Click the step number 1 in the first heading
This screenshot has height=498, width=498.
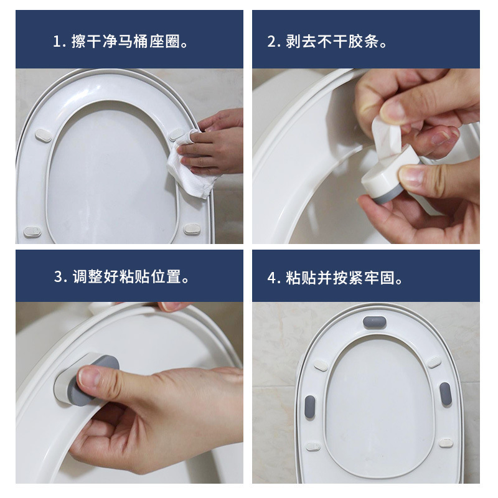click(57, 42)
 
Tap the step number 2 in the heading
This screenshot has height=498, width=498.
click(271, 42)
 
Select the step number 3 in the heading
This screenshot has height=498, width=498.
click(59, 276)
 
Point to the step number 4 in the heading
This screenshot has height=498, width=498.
click(271, 278)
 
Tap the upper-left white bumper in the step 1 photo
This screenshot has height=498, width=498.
click(44, 135)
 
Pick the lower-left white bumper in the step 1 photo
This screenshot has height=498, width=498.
click(32, 232)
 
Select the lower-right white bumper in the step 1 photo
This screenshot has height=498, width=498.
click(192, 228)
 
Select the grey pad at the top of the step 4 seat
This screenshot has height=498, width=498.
click(375, 322)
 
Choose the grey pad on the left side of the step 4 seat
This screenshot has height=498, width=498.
click(309, 407)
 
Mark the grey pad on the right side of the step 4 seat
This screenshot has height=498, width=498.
click(446, 394)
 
